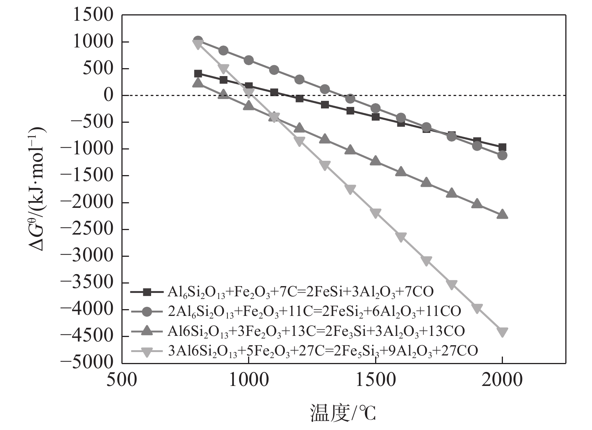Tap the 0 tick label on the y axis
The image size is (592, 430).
108,96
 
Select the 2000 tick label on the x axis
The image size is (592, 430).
502,381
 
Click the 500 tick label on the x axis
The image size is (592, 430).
122,381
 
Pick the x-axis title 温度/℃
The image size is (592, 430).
343,413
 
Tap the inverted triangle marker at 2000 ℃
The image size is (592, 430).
502,332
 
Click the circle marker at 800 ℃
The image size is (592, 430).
198,40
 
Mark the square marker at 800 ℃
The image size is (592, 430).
198,74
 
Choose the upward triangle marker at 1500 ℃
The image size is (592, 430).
375,161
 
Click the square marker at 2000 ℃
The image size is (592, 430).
502,147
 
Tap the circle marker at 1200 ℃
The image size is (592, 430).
300,79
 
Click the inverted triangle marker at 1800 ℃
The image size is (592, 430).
452,285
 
